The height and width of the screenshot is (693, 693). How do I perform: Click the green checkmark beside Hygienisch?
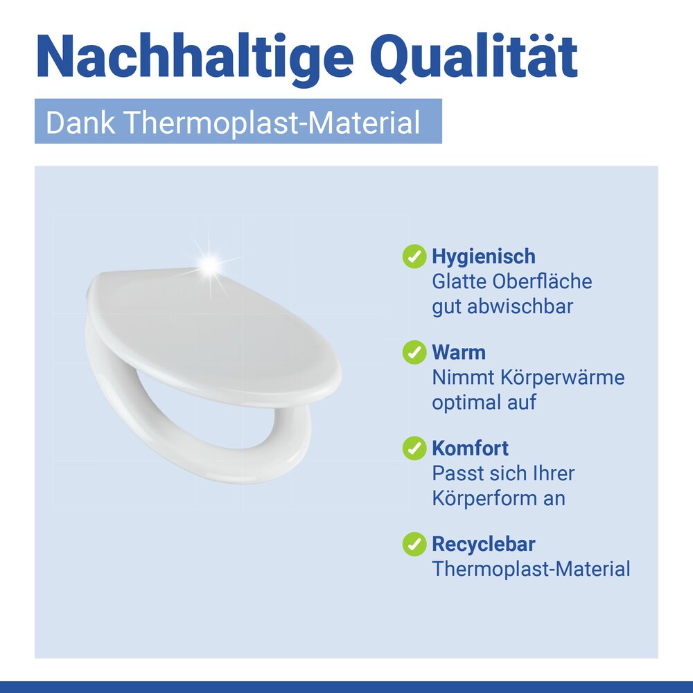[414, 256]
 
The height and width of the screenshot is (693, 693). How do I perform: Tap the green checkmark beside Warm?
[414, 352]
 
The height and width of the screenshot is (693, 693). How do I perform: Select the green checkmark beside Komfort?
[414, 448]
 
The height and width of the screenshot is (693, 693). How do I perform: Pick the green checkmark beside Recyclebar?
[414, 544]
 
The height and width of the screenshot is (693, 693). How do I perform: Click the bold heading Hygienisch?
[484, 256]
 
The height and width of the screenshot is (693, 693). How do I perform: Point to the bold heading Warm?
[459, 352]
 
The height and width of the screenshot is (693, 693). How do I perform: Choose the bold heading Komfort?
[471, 448]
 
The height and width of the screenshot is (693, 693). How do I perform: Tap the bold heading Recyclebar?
[484, 544]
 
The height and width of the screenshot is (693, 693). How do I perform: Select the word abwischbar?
[520, 306]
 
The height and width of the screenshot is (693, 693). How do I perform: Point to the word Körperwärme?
[557, 378]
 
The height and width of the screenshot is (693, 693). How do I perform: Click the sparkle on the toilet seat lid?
[209, 264]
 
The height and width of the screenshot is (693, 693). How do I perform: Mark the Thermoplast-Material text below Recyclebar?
[531, 569]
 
